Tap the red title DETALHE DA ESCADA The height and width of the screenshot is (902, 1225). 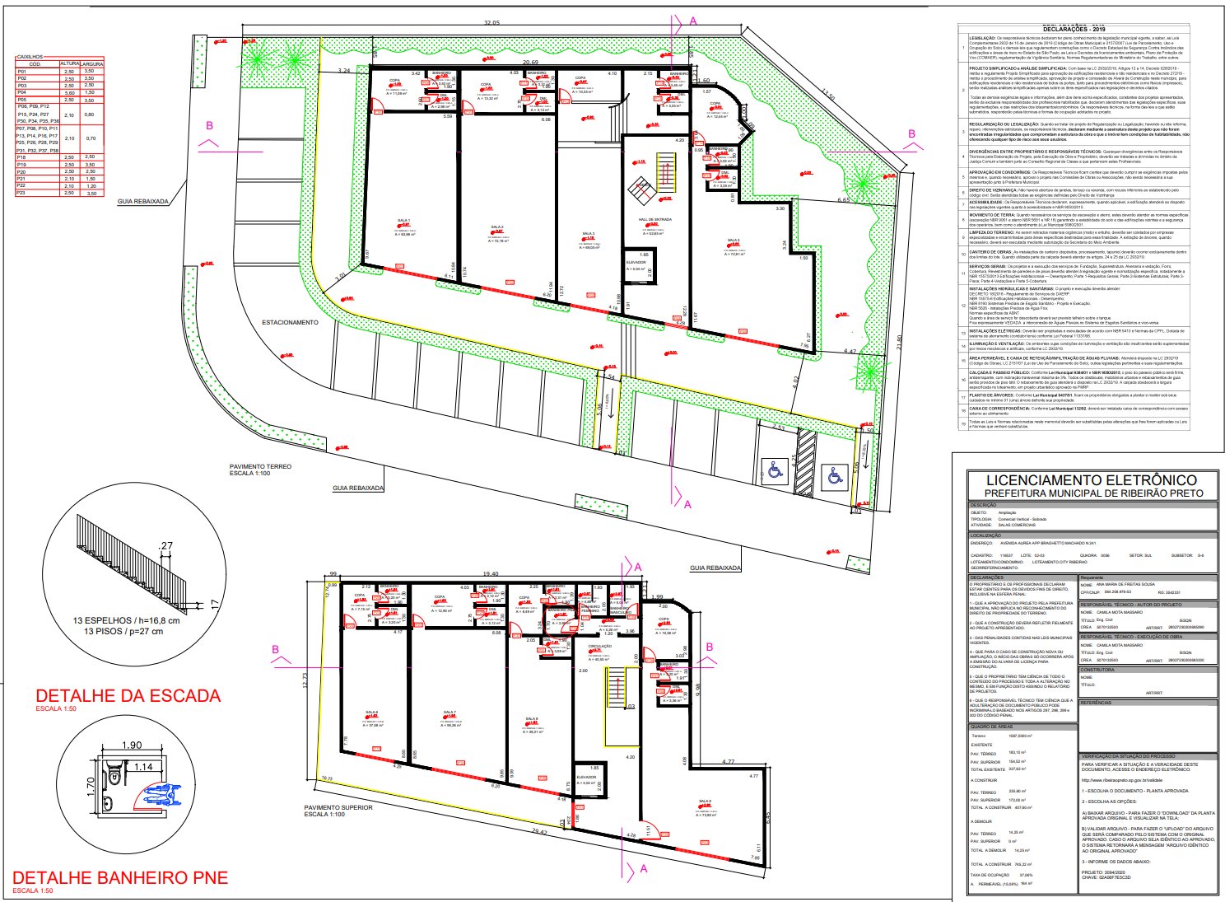[x=128, y=695]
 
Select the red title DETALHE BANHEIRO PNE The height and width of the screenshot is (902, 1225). [x=120, y=877]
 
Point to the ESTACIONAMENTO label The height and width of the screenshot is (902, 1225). [x=290, y=322]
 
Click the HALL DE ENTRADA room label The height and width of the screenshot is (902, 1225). [x=654, y=220]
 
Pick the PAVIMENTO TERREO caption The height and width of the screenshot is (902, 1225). [x=260, y=466]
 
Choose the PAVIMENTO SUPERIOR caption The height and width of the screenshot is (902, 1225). [x=338, y=807]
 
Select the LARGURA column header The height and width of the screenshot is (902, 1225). [x=92, y=63]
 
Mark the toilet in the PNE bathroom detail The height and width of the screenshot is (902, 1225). [x=114, y=776]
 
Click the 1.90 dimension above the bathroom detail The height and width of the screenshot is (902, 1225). [x=132, y=746]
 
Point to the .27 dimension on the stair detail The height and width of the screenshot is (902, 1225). [x=166, y=545]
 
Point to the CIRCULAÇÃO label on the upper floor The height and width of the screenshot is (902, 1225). [x=600, y=646]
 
